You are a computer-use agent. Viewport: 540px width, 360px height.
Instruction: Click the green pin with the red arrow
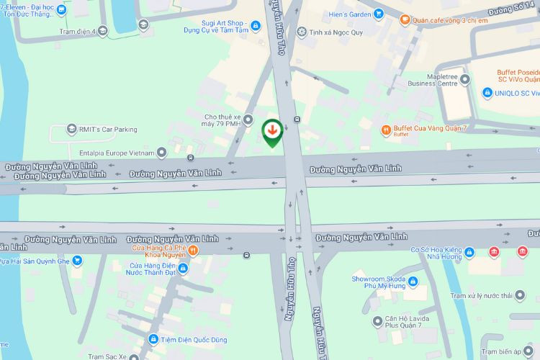[x=273, y=132]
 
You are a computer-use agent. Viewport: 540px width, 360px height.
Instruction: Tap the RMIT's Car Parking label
[x=108, y=129]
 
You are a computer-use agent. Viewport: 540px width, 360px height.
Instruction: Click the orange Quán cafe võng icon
[x=405, y=19]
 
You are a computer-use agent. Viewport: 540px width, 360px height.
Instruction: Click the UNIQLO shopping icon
[x=487, y=92]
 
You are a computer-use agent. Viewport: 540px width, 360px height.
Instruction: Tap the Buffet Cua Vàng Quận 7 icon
[x=386, y=130]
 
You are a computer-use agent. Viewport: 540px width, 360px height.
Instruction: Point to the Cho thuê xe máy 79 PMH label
[x=220, y=120]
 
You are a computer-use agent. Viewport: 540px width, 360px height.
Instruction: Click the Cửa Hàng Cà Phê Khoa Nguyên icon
[x=194, y=251]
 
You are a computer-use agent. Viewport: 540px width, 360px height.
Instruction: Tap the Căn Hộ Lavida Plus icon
[x=377, y=321]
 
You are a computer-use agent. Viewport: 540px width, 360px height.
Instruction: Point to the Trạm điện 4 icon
[x=103, y=30]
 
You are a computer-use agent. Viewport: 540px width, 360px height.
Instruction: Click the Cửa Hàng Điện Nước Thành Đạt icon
[x=182, y=269]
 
